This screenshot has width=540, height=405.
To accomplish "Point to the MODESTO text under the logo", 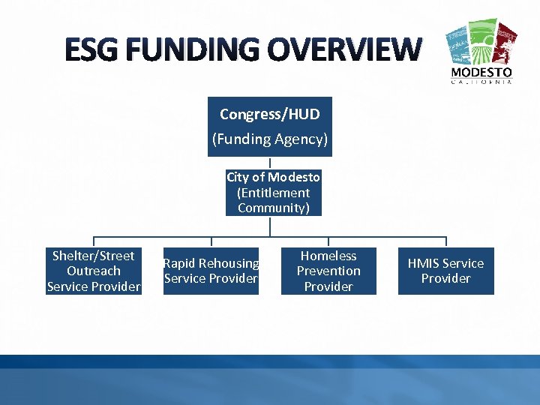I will (481, 73).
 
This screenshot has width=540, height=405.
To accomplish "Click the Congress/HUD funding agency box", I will (269, 126).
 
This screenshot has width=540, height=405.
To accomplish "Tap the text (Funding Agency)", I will (269, 139).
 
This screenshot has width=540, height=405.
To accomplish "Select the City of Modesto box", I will (273, 193).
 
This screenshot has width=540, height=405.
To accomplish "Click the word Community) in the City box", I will (273, 208).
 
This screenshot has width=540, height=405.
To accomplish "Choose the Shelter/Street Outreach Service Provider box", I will (94, 271).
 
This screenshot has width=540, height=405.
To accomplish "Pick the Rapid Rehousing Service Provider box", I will (211, 271).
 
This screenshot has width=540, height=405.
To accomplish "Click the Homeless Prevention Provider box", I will (328, 271).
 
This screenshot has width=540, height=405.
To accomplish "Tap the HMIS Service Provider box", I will (445, 271).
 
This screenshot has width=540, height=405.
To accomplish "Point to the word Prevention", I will (328, 271).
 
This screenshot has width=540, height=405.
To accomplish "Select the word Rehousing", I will (229, 263).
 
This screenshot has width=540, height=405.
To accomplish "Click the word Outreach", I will (94, 271).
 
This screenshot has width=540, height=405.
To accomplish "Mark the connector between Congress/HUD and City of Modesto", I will (270, 163).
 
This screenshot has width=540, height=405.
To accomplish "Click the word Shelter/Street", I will (94, 256).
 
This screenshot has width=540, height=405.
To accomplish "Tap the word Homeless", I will (328, 256).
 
